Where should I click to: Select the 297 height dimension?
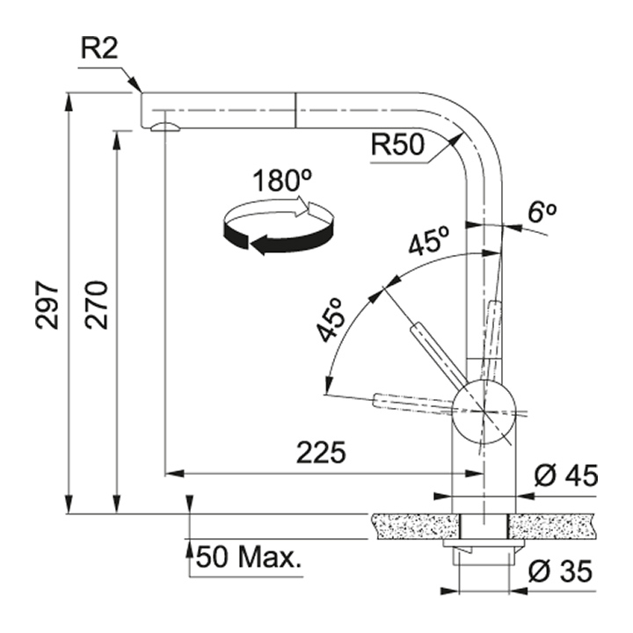click(x=47, y=305)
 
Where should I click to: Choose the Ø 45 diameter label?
click(x=566, y=476)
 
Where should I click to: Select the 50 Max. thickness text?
click(x=247, y=557)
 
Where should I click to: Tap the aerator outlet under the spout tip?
click(x=164, y=128)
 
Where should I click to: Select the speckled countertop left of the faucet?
click(x=413, y=526)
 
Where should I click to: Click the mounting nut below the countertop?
click(x=483, y=552)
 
